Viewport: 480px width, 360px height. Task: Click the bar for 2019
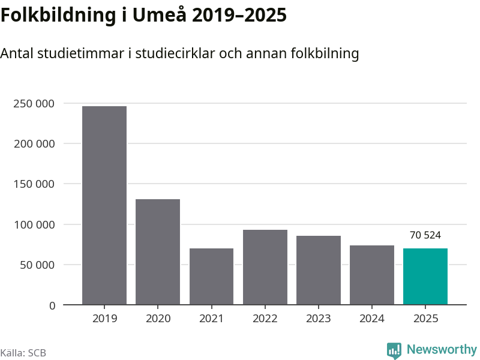click(104, 205)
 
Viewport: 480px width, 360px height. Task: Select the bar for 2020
click(158, 252)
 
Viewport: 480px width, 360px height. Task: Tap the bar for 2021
click(211, 277)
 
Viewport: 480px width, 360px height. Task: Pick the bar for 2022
click(265, 267)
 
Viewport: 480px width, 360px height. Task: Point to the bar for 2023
click(319, 270)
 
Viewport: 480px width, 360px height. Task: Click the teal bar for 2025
click(425, 277)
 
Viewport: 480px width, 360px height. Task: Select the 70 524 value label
click(425, 235)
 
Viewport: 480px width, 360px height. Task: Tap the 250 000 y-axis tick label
click(34, 104)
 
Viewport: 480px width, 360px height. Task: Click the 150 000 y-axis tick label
click(34, 184)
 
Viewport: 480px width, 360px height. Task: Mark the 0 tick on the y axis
click(52, 305)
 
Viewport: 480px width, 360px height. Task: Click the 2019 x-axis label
click(104, 319)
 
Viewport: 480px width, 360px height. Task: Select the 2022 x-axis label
click(265, 319)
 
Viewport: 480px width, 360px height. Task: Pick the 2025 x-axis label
click(425, 319)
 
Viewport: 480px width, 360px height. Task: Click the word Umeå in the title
click(161, 16)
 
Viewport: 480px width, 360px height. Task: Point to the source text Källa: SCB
click(23, 353)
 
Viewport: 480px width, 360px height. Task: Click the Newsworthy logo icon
click(394, 350)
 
